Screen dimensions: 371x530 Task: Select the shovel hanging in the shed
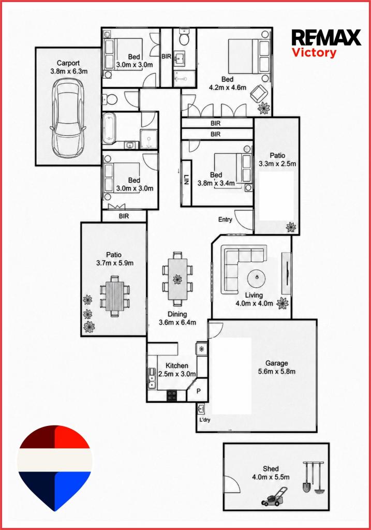(307, 477)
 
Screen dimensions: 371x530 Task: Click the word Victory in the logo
(314, 53)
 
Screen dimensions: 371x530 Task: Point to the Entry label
(225, 219)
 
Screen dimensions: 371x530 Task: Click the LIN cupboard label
(186, 179)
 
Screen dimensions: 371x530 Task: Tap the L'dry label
(205, 420)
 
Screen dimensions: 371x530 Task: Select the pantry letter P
(199, 391)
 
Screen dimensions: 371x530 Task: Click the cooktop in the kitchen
(172, 395)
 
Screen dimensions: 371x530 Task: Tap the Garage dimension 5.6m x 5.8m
(277, 372)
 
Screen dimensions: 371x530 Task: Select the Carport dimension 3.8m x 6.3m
(69, 71)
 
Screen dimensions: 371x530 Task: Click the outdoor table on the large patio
(114, 296)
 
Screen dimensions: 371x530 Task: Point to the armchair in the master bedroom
(259, 93)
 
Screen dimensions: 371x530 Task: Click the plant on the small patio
(291, 227)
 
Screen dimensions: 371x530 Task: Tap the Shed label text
(271, 469)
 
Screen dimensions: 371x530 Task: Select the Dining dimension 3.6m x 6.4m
(177, 322)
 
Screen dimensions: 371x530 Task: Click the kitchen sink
(152, 378)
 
